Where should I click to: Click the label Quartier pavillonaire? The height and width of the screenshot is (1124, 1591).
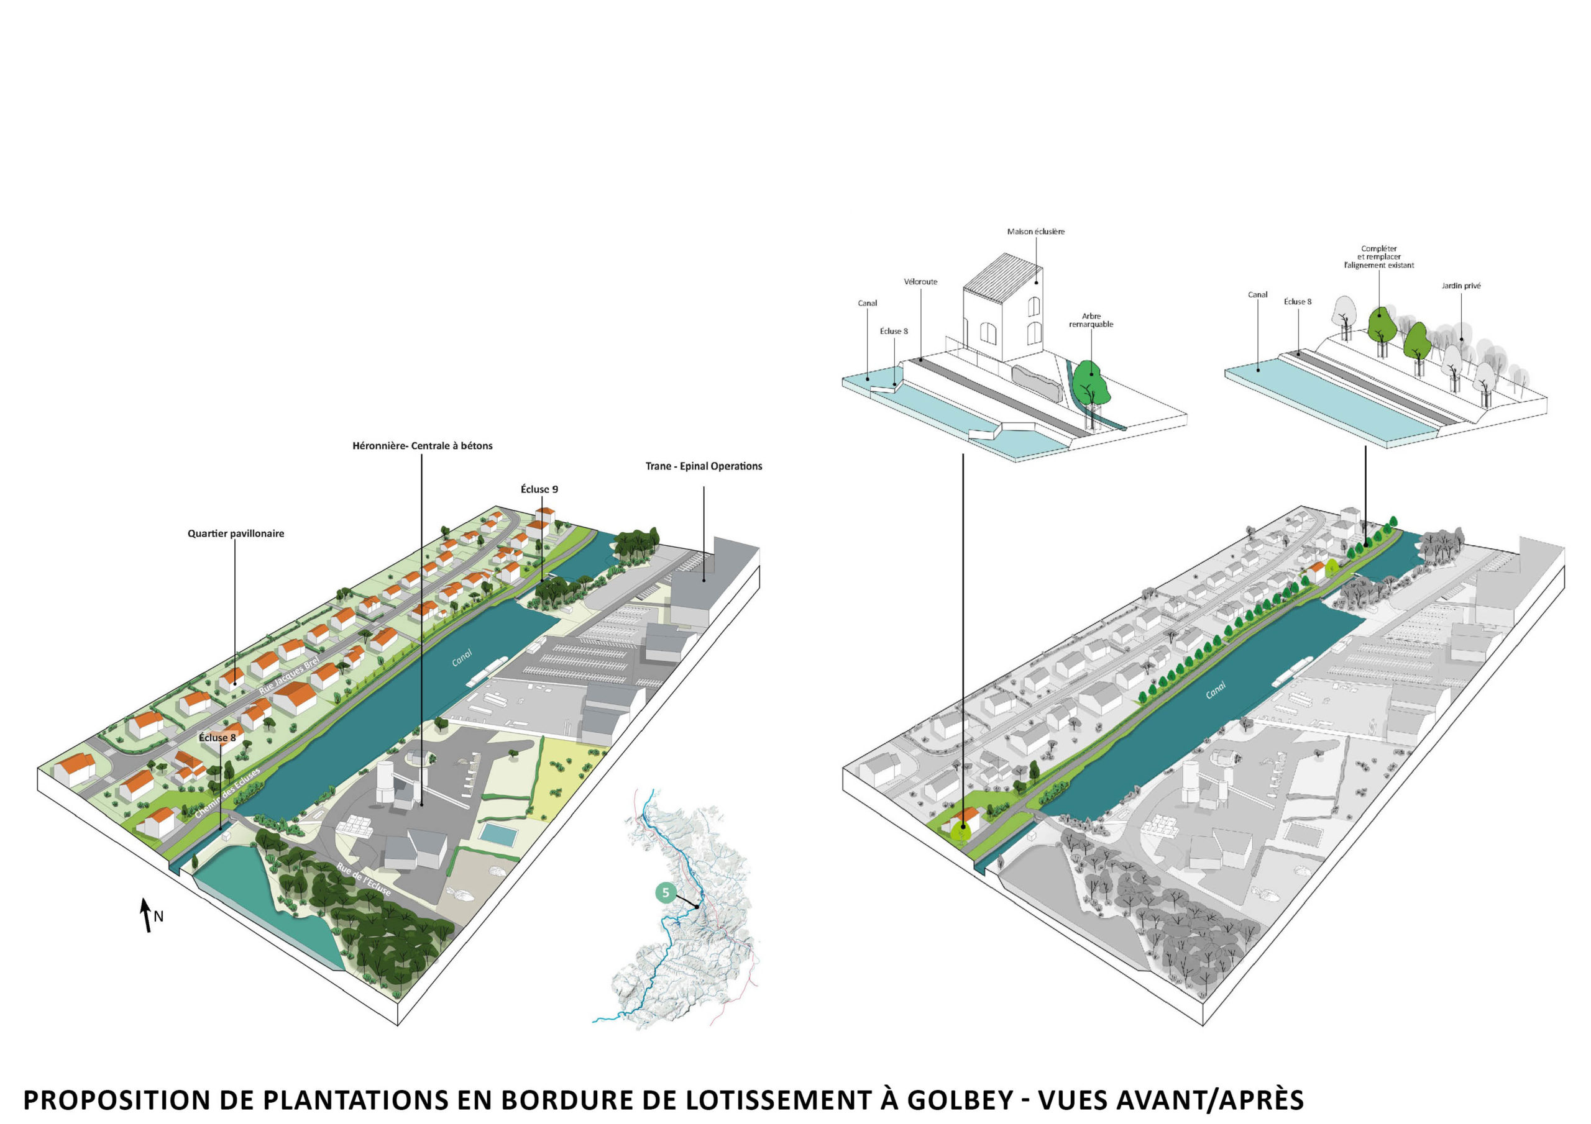coord(236,533)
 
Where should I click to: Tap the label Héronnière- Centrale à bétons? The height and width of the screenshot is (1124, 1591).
coord(422,446)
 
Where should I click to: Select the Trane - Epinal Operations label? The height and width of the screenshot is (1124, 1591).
coord(704,466)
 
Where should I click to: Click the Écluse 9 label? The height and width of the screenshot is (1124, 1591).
coord(539,489)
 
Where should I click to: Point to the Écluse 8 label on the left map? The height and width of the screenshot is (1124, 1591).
coord(217,738)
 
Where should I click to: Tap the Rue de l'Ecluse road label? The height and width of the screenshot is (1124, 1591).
coord(364,879)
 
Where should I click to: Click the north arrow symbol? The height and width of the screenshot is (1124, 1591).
coord(146,915)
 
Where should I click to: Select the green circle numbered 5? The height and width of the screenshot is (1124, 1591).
coord(665,893)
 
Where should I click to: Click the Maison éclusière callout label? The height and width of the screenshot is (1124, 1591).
coord(1035,231)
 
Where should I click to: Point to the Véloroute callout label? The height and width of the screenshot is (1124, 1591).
coord(920,282)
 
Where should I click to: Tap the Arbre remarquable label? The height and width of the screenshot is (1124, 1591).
coord(1091,320)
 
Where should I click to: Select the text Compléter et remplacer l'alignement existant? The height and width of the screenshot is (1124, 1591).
coord(1378,257)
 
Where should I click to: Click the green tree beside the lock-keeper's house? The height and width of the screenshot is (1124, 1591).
coord(1091,384)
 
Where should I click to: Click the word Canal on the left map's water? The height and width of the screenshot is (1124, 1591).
coord(462,657)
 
